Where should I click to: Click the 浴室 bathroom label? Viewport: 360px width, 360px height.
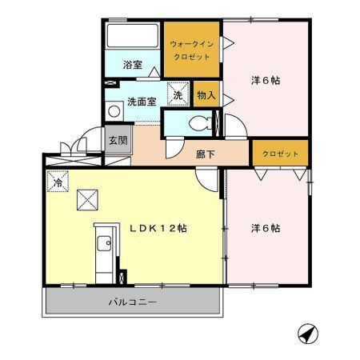[133, 65]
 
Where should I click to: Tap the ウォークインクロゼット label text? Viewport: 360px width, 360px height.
[192, 50]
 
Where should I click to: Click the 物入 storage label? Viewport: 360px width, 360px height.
[206, 94]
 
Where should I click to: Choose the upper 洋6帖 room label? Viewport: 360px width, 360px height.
[265, 80]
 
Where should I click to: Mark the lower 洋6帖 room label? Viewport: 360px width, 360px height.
[265, 228]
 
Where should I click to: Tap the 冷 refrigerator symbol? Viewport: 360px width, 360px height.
[58, 182]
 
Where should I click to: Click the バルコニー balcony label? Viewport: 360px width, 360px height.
[133, 302]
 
